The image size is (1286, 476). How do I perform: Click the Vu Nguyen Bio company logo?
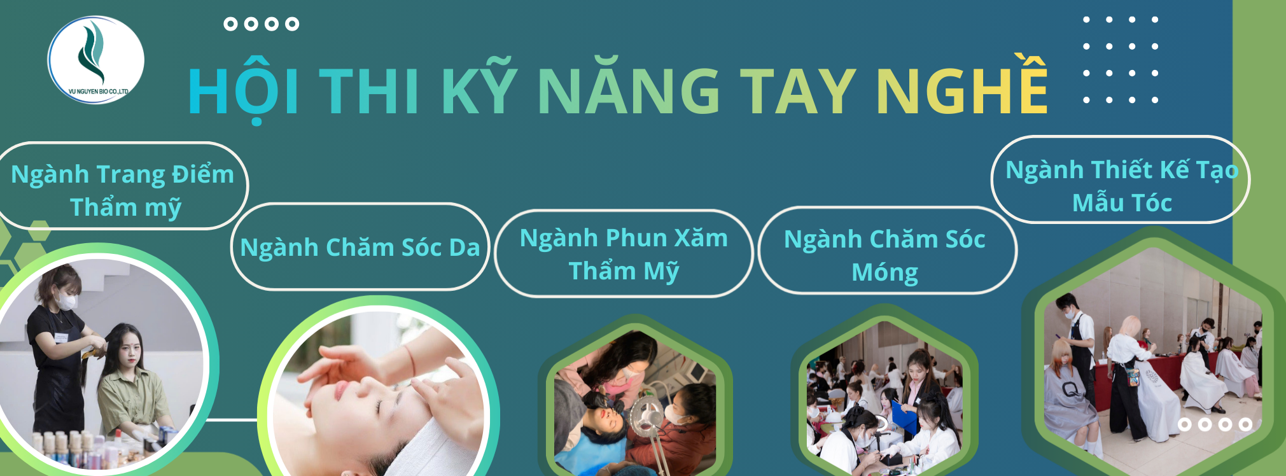96,60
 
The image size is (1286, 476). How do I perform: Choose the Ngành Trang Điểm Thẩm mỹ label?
122,190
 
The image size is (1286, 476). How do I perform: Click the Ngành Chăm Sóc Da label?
360,247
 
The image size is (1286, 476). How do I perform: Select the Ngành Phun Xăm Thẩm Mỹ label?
624,254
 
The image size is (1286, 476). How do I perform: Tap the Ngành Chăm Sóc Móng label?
885,255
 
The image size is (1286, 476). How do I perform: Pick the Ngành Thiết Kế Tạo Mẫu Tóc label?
1121,185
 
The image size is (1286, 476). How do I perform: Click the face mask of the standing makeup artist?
66,300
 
